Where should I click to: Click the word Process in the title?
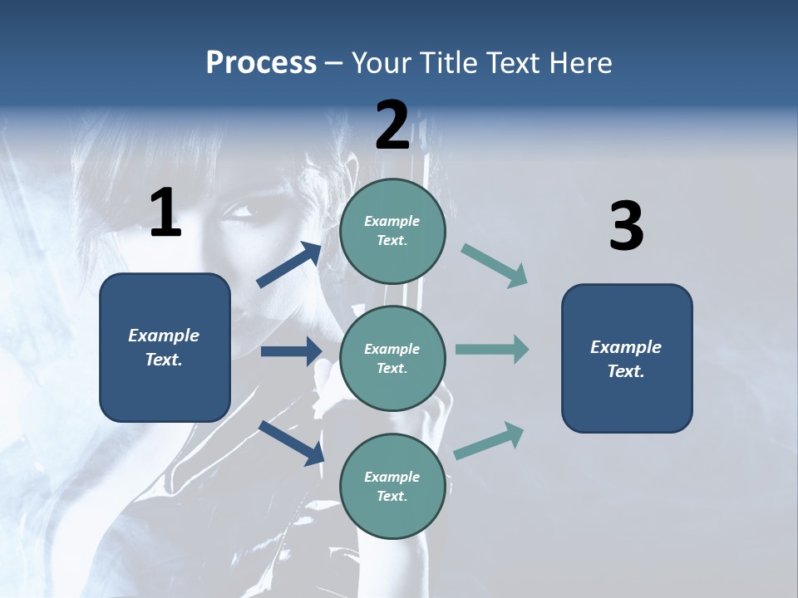point(261,63)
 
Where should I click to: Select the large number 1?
point(165,213)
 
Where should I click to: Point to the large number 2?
point(392,125)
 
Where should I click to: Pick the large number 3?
point(626,227)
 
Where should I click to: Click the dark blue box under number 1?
point(165,347)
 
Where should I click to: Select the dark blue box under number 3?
point(627,359)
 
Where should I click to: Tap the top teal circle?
point(392,231)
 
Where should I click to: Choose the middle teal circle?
point(392,358)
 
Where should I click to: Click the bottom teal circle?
point(392,486)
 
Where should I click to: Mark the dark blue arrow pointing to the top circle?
point(289,265)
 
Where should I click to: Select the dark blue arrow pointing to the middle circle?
point(291,351)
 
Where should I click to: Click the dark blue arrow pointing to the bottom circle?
point(291,443)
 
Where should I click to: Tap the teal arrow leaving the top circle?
point(495,266)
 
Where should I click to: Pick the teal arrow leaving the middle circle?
point(492,350)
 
